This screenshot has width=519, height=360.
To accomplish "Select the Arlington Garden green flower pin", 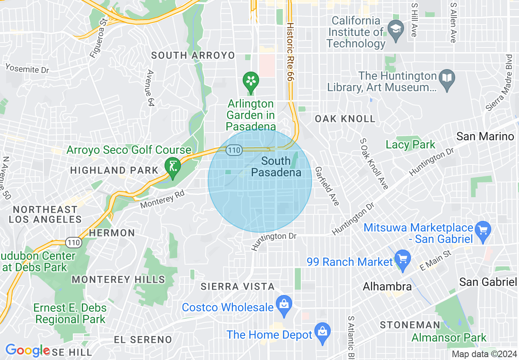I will [250, 80].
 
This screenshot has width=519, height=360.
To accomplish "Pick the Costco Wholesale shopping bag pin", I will [283, 304].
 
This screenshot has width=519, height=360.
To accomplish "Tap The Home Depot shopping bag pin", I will [323, 331].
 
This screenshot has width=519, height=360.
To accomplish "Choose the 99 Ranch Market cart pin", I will [403, 259].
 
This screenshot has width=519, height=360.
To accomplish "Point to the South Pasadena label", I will [276, 166].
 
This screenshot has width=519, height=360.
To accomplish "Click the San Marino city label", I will [485, 136].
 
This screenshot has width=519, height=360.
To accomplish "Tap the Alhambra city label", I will [387, 286].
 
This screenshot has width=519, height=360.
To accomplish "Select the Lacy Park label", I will [411, 144].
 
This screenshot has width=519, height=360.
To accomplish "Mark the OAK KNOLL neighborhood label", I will [345, 119].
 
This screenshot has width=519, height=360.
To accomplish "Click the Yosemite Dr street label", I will [27, 68].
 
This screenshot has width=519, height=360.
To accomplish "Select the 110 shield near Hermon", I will [76, 243].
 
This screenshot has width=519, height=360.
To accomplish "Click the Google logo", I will [27, 351].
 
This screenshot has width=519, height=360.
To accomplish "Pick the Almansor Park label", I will [449, 338].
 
